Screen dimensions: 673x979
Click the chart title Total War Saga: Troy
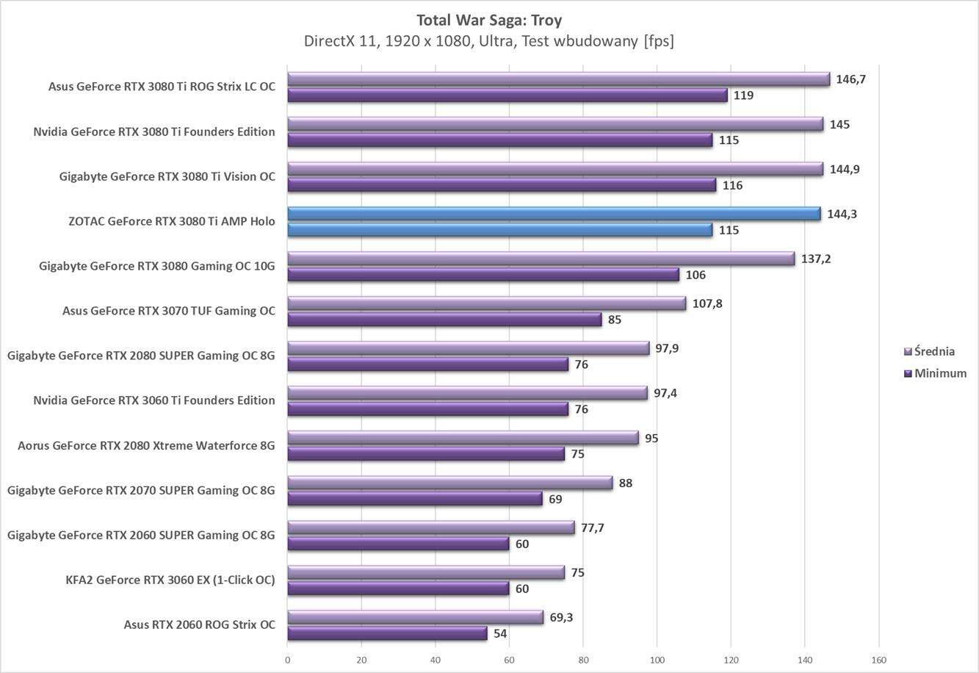pyautogui.click(x=489, y=20)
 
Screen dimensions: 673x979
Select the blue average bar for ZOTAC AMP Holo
pyautogui.click(x=554, y=214)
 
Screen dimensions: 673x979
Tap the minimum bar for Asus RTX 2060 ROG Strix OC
pyautogui.click(x=387, y=633)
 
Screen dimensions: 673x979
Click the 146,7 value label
pyautogui.click(x=850, y=79)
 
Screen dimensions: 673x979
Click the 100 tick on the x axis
pyautogui.click(x=657, y=660)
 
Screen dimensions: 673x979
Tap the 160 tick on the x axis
pyautogui.click(x=878, y=660)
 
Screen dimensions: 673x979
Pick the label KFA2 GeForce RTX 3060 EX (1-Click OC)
pyautogui.click(x=170, y=580)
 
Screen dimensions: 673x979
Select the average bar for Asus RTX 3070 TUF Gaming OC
pyautogui.click(x=486, y=303)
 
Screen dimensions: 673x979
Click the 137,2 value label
pyautogui.click(x=816, y=259)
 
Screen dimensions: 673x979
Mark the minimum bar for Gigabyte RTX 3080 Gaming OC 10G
pyautogui.click(x=483, y=275)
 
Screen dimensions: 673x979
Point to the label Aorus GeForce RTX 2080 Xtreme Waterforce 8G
pyautogui.click(x=146, y=445)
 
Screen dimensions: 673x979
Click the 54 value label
pyautogui.click(x=500, y=633)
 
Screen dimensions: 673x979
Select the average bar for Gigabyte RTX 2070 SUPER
pyautogui.click(x=449, y=483)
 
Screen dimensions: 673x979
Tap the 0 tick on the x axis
pyautogui.click(x=287, y=660)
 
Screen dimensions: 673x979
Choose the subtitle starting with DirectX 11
pyautogui.click(x=489, y=41)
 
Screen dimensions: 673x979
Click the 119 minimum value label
pyautogui.click(x=743, y=96)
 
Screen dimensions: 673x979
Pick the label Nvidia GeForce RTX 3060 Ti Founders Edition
pyautogui.click(x=154, y=400)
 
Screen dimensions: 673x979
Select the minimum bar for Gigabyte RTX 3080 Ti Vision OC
pyautogui.click(x=502, y=185)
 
